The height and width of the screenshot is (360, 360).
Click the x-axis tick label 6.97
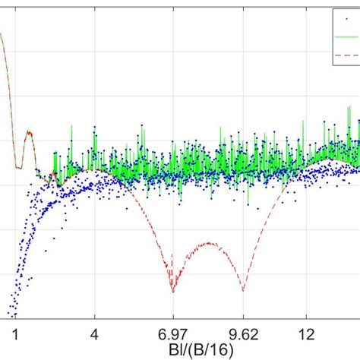tap(172, 333)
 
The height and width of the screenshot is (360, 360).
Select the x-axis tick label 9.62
tap(242, 333)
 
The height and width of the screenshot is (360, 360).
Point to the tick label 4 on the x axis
tap(95, 333)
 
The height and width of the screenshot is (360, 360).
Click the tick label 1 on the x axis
tap(15, 333)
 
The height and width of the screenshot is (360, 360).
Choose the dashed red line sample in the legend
tap(346, 55)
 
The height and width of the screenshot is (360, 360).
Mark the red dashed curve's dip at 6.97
tap(172, 291)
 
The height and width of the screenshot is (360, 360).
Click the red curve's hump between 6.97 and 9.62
tap(207, 244)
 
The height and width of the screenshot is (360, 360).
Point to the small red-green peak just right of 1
tap(30, 132)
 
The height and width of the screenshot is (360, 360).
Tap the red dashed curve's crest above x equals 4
tap(92, 171)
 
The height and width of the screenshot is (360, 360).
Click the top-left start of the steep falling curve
tap(2, 34)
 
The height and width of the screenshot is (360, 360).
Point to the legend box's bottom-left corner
tap(324, 66)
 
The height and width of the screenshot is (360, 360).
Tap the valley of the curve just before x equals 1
tap(17, 166)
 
